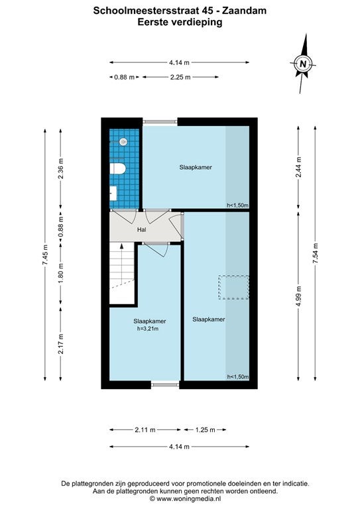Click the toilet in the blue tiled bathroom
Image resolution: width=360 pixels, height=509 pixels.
[117, 169]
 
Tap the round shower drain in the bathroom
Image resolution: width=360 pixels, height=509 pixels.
[123, 142]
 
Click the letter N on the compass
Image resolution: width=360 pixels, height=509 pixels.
[303, 64]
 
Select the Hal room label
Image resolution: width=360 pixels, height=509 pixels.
[141, 230]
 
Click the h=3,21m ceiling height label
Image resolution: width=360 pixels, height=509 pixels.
[148, 329]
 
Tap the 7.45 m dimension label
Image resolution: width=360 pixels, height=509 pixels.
[45, 254]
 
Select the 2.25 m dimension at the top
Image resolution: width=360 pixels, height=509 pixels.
[180, 77]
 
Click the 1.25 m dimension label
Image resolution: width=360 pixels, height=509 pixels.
[205, 429]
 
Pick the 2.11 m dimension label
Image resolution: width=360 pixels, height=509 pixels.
[145, 429]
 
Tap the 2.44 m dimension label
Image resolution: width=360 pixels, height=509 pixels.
[298, 167]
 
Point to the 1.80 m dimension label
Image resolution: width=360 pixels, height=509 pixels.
[60, 272]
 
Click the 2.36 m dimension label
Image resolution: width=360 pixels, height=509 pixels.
[60, 168]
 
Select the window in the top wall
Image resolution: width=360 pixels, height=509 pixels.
[160, 122]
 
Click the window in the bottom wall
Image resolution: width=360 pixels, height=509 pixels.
[165, 384]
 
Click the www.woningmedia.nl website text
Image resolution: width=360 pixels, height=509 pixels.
[188, 498]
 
